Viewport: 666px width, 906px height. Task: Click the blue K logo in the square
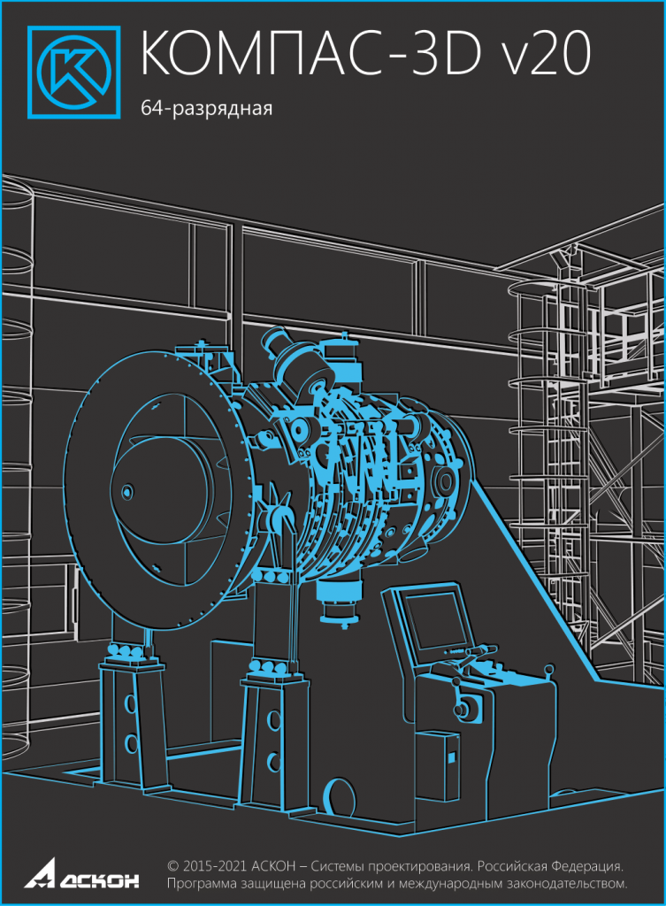click(x=74, y=72)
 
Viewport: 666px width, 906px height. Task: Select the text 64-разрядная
click(x=206, y=109)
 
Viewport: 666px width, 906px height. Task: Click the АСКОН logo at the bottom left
click(x=81, y=873)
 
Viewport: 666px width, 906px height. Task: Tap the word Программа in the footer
click(x=198, y=884)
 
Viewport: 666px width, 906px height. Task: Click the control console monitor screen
click(x=435, y=621)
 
